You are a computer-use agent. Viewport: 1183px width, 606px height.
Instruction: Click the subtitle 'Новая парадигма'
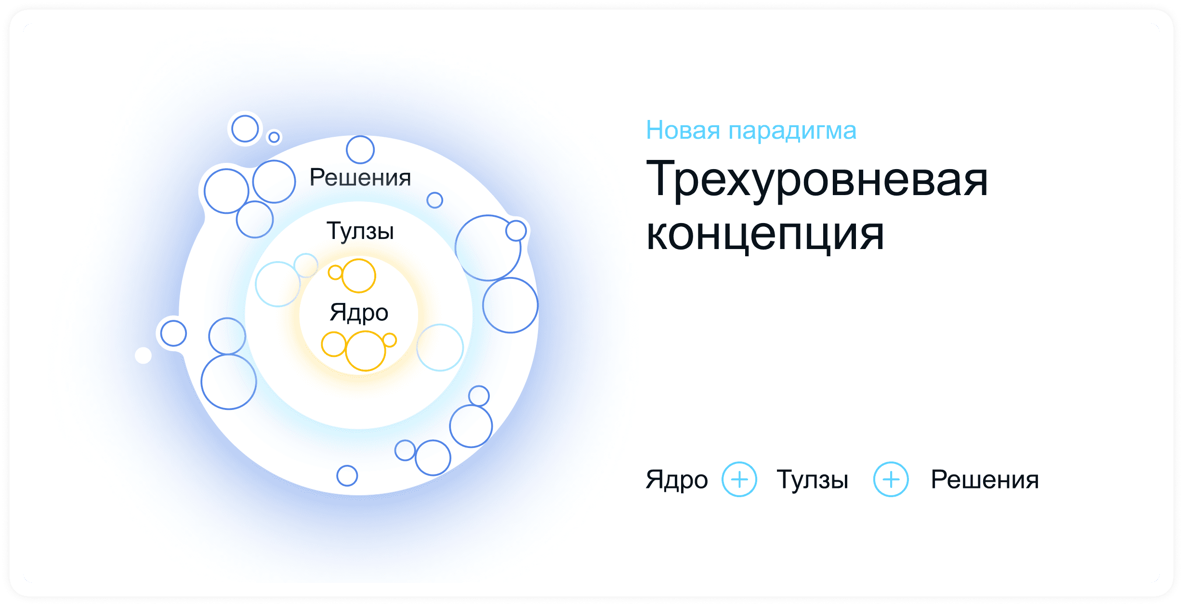751,130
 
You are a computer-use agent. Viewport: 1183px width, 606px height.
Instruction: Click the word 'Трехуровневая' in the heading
816,179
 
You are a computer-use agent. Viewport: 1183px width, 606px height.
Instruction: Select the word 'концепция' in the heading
765,235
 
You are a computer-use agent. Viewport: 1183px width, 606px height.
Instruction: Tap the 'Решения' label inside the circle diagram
360,177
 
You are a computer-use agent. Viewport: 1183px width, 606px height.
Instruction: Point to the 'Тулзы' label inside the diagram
360,231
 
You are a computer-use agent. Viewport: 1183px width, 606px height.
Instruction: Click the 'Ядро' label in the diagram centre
359,313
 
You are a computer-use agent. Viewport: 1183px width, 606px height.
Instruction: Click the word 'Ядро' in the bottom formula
677,479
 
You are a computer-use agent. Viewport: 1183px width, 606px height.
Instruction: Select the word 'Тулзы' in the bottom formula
813,479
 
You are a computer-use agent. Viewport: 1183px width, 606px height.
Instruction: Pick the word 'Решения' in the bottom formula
985,479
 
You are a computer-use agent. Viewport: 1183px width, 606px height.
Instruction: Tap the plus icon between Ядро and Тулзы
739,479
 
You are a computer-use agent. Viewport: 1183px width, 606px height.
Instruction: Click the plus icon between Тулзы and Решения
891,479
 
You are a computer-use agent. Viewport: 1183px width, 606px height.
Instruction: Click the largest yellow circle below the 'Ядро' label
366,351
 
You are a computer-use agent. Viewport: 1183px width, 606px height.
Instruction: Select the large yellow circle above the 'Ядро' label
359,276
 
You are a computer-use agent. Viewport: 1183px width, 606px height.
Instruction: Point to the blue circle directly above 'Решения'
360,149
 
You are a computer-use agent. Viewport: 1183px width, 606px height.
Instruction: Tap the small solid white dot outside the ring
143,356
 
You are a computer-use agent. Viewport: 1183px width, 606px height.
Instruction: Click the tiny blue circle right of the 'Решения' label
434,200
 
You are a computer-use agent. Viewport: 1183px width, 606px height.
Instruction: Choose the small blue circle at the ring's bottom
347,476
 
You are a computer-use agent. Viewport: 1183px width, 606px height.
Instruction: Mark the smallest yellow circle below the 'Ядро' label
390,340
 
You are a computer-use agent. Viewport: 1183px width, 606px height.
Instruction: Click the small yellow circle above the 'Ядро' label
335,273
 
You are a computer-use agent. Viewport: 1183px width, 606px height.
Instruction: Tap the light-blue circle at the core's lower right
440,347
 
